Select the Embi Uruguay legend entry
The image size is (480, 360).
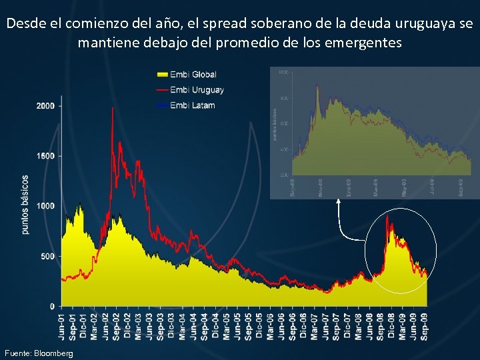(197, 89)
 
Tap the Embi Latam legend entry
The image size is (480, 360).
(193, 105)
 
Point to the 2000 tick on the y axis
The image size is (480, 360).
(46, 106)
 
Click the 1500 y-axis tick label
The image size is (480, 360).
(46, 156)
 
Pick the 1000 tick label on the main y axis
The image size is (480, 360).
(46, 206)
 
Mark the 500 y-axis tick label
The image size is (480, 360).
(48, 256)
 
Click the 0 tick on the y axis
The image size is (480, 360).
(53, 306)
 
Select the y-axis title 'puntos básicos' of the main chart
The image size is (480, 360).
(25, 205)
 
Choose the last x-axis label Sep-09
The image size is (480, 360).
(425, 325)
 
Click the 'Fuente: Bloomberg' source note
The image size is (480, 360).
(39, 352)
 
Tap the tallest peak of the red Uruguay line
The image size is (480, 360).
(113, 108)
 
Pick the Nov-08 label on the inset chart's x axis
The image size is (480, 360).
(321, 187)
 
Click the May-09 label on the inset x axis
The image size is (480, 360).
(405, 187)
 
